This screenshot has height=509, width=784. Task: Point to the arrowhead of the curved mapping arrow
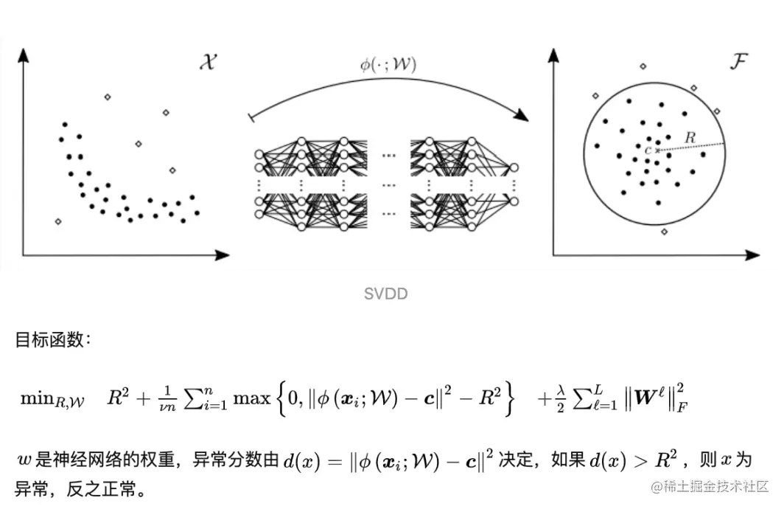[522, 116]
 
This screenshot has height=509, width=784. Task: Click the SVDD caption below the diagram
[385, 294]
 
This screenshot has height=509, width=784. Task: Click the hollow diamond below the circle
[664, 232]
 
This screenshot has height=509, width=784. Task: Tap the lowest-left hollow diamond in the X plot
[58, 221]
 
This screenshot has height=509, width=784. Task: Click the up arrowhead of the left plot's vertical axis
[25, 55]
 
